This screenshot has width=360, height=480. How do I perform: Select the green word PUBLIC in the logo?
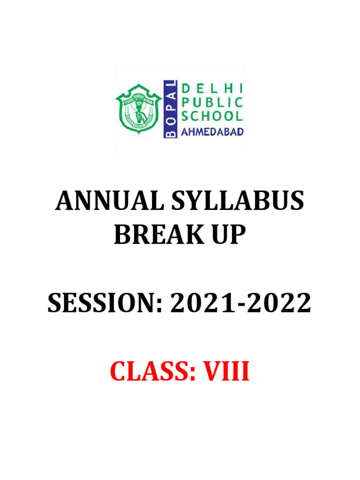(x=212, y=103)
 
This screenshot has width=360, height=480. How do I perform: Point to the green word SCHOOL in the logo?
(x=212, y=116)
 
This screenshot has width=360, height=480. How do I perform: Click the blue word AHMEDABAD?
(x=212, y=132)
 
